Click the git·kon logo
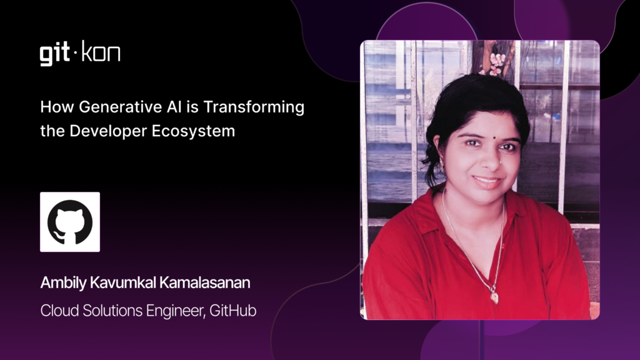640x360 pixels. pyautogui.click(x=80, y=53)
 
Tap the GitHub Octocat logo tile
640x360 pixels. pyautogui.click(x=70, y=222)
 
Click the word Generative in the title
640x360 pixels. pyautogui.click(x=121, y=107)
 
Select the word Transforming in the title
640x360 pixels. pyautogui.click(x=254, y=107)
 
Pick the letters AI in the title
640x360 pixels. pyautogui.click(x=174, y=107)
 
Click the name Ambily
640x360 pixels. pyautogui.click(x=63, y=283)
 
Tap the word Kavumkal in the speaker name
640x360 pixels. pyautogui.click(x=123, y=282)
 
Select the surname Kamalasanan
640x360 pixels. pyautogui.click(x=205, y=282)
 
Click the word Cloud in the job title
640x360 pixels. pyautogui.click(x=59, y=311)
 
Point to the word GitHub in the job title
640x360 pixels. pyautogui.click(x=233, y=311)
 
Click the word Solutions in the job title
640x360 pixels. pyautogui.click(x=112, y=311)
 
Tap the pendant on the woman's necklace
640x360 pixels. pyautogui.click(x=494, y=297)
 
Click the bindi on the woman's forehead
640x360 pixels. pyautogui.click(x=494, y=138)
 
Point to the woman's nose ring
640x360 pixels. pyautogui.click(x=499, y=162)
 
